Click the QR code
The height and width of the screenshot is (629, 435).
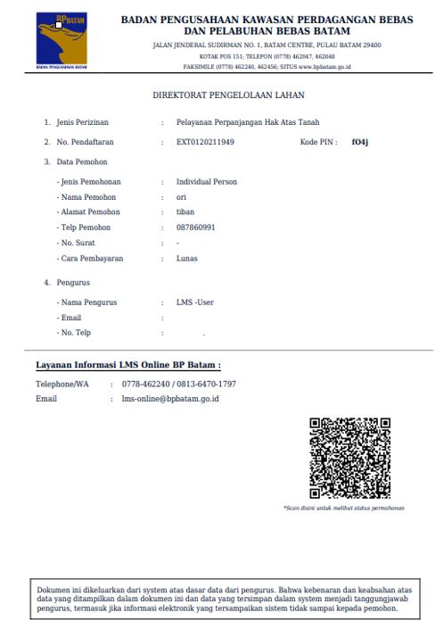(x=349, y=458)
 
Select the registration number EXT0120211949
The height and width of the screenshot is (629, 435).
(x=205, y=142)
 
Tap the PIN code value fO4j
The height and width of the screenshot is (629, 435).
(x=359, y=142)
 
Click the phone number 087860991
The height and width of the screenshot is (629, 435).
(x=196, y=228)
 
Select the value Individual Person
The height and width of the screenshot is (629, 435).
(x=207, y=182)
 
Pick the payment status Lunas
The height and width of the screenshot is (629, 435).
(x=187, y=259)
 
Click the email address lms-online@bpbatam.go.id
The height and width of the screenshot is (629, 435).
(x=170, y=398)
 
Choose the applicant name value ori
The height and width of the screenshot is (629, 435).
(x=181, y=197)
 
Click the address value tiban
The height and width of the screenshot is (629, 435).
(x=185, y=212)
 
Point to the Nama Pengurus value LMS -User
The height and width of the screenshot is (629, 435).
(x=195, y=302)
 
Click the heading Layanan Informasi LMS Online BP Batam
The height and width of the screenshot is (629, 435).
(x=127, y=365)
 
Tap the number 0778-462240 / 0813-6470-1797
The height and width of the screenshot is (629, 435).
(x=179, y=384)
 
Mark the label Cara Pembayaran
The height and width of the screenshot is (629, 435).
(x=91, y=259)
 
